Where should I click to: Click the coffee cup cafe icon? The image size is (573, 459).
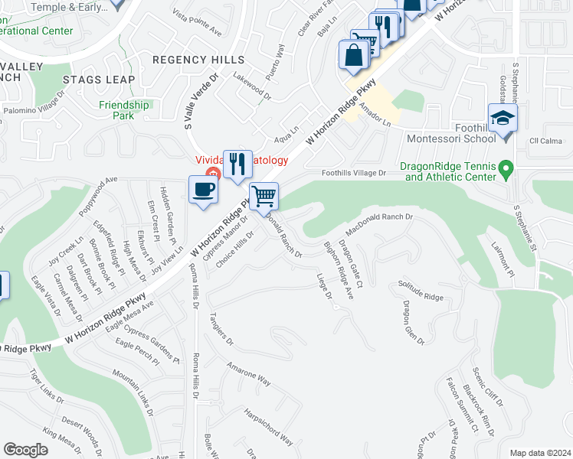204,190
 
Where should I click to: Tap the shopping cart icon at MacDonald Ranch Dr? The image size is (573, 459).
264,196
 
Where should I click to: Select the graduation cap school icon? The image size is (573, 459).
503,119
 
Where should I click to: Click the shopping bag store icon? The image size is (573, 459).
354,55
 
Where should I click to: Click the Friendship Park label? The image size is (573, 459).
124,110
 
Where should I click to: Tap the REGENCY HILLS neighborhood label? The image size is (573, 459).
198,60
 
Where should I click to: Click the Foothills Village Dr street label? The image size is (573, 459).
355,174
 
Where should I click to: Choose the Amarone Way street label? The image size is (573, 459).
248,374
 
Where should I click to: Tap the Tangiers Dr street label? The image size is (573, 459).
221,329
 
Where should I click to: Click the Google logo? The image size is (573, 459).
25,450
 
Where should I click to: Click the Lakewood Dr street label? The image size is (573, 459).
252,88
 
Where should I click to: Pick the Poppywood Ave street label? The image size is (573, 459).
96,194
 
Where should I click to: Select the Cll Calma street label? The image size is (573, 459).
545,141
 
